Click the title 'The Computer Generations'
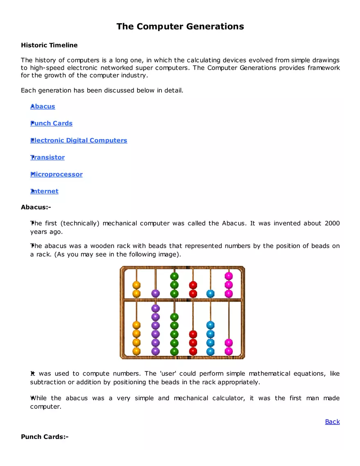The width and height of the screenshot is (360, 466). [180, 27]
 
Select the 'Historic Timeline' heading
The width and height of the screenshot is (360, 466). [49, 45]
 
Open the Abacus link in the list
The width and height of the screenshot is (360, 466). [43, 106]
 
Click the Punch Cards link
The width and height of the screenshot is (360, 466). [52, 123]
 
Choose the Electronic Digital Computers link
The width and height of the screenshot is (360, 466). [79, 140]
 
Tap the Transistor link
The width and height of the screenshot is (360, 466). [47, 157]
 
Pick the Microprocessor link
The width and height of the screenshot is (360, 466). [56, 174]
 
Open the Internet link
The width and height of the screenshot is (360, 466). [44, 191]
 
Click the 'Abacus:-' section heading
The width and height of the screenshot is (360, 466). [36, 207]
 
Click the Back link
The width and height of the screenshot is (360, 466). [332, 421]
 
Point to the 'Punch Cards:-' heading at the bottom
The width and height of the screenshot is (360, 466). [45, 437]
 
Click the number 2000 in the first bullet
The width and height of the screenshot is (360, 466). [332, 223]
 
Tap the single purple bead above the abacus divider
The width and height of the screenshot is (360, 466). [155, 293]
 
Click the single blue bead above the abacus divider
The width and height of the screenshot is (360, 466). [210, 293]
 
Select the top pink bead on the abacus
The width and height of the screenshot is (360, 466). [229, 276]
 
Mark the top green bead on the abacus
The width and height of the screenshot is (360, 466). [174, 276]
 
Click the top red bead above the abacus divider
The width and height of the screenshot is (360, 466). [193, 285]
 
